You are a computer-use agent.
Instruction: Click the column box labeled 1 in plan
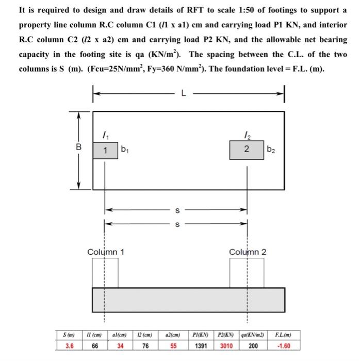coord(105,150)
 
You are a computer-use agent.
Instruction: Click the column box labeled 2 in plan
coord(247,150)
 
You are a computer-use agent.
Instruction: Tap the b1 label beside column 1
coord(124,150)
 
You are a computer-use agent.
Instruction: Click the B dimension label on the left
coord(78,147)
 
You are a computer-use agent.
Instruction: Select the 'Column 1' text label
coord(106,252)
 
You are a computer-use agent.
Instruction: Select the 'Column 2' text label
coord(248,252)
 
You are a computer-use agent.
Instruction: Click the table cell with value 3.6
coord(69,346)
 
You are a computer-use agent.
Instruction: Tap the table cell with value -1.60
coord(285,346)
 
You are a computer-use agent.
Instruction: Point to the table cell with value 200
coord(253,346)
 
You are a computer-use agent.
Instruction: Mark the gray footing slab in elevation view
coord(188,299)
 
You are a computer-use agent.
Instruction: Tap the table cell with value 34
coord(120,346)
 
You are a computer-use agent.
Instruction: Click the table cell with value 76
coord(146,346)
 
